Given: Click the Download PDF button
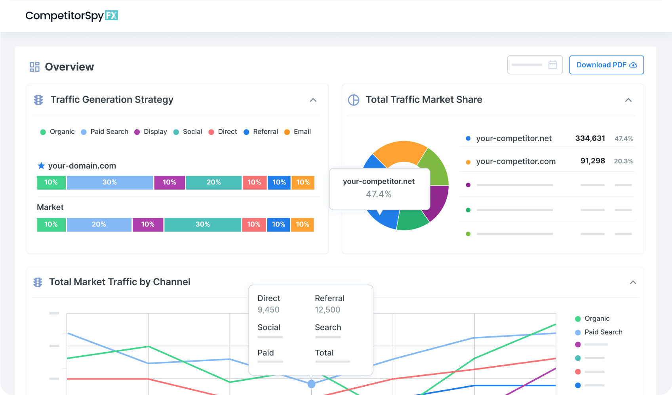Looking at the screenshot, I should [606, 65].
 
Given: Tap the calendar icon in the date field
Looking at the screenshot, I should [552, 65].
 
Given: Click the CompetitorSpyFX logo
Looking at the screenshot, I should [72, 16].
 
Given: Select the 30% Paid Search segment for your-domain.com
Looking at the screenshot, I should [110, 182].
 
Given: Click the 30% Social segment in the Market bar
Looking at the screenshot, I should [202, 224].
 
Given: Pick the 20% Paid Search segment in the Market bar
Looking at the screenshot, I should [99, 224].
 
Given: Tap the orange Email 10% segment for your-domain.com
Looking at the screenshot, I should [303, 182].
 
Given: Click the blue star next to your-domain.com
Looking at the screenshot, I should [41, 166].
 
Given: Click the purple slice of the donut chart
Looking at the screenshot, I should [440, 202].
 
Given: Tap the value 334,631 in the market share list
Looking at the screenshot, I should [590, 138].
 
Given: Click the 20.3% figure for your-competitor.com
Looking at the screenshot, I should [623, 161].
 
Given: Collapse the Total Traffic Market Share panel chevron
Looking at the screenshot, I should [628, 100].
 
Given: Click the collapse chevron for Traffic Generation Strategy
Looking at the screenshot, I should [313, 100].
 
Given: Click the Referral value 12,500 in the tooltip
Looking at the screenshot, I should [327, 310].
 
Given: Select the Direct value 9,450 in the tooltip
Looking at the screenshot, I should [268, 310].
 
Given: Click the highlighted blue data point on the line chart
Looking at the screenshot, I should [312, 384].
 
